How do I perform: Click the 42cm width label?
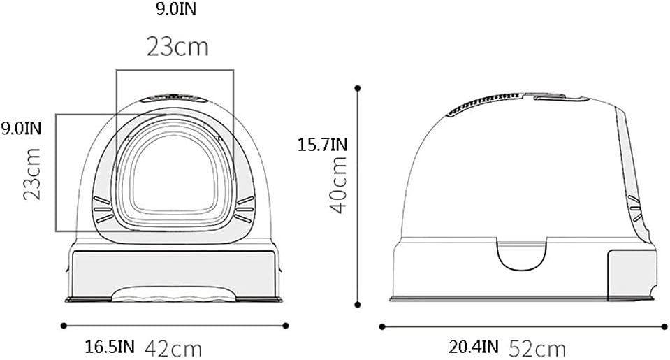(173, 347)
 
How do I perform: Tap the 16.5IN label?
(110, 345)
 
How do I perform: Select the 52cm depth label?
(537, 347)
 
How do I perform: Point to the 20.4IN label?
(474, 345)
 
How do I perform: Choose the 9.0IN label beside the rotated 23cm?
(21, 128)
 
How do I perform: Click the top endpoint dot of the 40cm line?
(358, 88)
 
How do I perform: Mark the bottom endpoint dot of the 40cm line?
(358, 304)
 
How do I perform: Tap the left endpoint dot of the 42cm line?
(64, 325)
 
